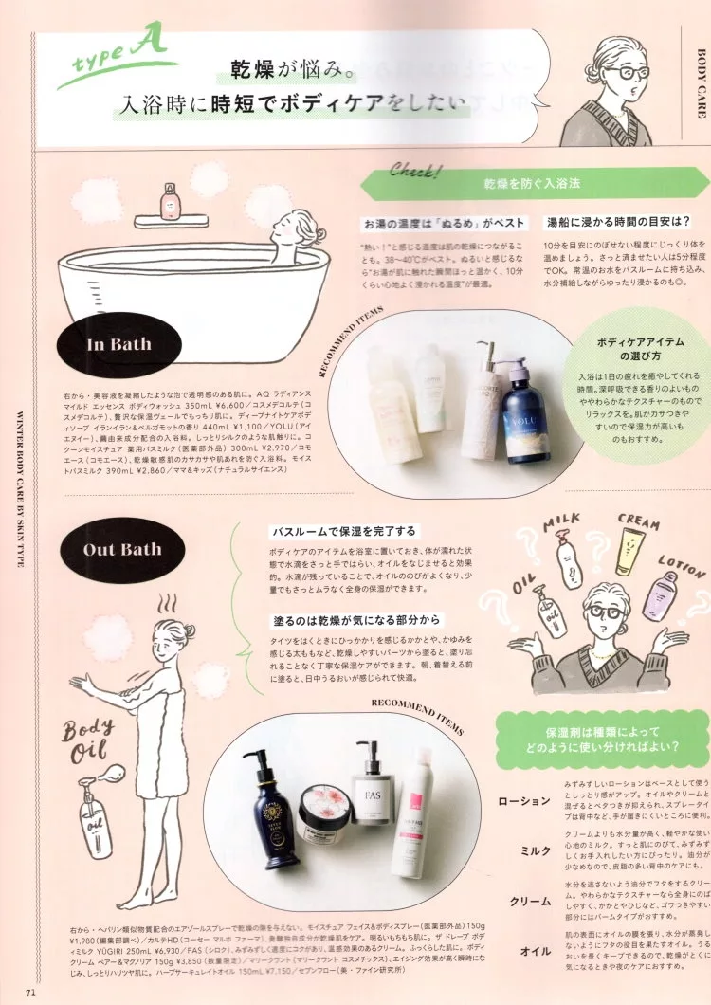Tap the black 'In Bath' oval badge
click(118, 344)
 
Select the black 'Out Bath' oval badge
click(122, 549)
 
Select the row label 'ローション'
click(523, 801)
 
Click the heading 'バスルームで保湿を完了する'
click(343, 531)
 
